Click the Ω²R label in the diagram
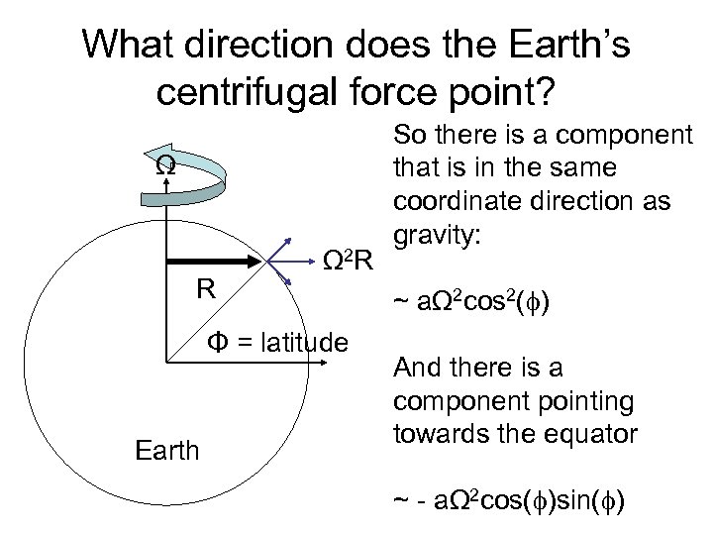coord(350,263)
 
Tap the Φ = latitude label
coord(276,343)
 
